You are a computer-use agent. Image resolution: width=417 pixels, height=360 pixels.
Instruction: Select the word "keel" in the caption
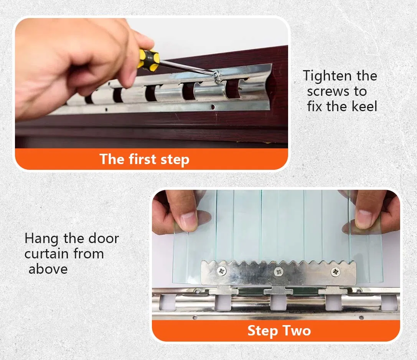[364, 107]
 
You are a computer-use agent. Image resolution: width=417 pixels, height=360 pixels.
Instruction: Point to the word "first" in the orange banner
[142, 159]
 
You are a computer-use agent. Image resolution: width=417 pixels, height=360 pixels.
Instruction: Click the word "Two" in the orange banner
[297, 331]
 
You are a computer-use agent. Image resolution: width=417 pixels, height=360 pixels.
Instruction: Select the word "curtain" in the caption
[46, 254]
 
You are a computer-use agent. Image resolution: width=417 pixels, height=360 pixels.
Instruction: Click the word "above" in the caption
[48, 269]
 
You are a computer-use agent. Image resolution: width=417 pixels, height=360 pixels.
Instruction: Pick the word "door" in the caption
[104, 238]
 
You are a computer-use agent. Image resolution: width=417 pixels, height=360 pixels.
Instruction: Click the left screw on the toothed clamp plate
[221, 271]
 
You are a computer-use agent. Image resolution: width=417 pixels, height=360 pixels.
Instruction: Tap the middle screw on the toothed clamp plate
[279, 271]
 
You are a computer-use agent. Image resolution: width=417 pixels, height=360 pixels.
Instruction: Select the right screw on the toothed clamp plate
[335, 271]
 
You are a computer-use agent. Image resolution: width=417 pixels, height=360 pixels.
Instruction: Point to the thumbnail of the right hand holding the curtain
[363, 219]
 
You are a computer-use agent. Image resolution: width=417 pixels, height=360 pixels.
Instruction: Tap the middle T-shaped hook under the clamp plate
[278, 290]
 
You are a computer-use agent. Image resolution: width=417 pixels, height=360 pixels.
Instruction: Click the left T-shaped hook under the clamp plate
[224, 290]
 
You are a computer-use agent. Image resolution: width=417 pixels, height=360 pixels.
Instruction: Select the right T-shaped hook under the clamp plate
[333, 290]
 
